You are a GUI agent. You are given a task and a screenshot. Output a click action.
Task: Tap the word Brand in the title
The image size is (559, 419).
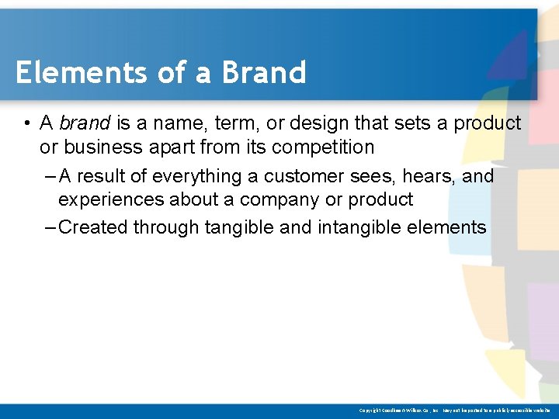click(x=263, y=73)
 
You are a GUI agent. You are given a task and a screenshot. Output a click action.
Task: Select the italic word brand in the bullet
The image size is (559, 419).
click(x=85, y=123)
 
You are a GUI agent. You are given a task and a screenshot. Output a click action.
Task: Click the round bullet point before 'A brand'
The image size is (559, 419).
click(x=26, y=124)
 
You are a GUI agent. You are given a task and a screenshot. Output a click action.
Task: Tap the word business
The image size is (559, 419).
click(x=98, y=147)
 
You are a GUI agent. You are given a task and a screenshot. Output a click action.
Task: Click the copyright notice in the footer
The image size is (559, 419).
click(x=455, y=410)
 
